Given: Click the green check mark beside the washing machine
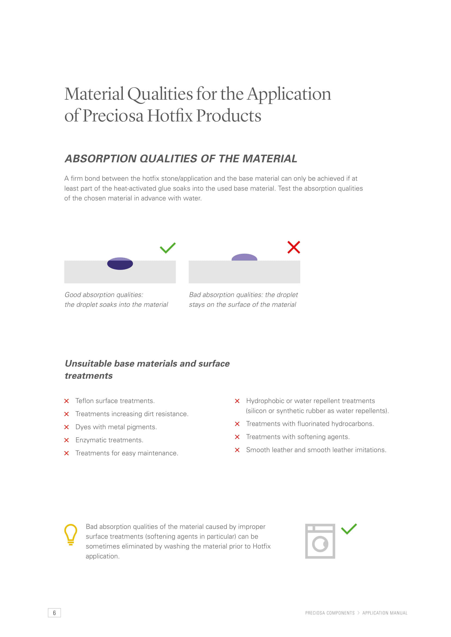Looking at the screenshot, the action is pyautogui.click(x=349, y=529).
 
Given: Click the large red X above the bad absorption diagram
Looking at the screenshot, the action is pyautogui.click(x=294, y=247).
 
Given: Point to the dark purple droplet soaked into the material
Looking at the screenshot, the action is pyautogui.click(x=120, y=264).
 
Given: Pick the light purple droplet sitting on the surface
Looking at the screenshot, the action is pyautogui.click(x=244, y=257).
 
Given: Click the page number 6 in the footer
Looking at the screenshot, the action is pyautogui.click(x=54, y=612).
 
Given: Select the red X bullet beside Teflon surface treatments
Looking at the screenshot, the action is pyautogui.click(x=66, y=401).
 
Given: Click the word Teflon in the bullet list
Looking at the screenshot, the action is pyautogui.click(x=84, y=401).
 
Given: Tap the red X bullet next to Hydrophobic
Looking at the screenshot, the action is pyautogui.click(x=237, y=401).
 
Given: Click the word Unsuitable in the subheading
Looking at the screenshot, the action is pyautogui.click(x=88, y=364).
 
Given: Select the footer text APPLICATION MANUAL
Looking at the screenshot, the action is pyautogui.click(x=385, y=613).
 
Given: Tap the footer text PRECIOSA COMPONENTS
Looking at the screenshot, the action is pyautogui.click(x=330, y=613).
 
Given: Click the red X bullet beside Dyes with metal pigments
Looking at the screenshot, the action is pyautogui.click(x=66, y=427).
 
